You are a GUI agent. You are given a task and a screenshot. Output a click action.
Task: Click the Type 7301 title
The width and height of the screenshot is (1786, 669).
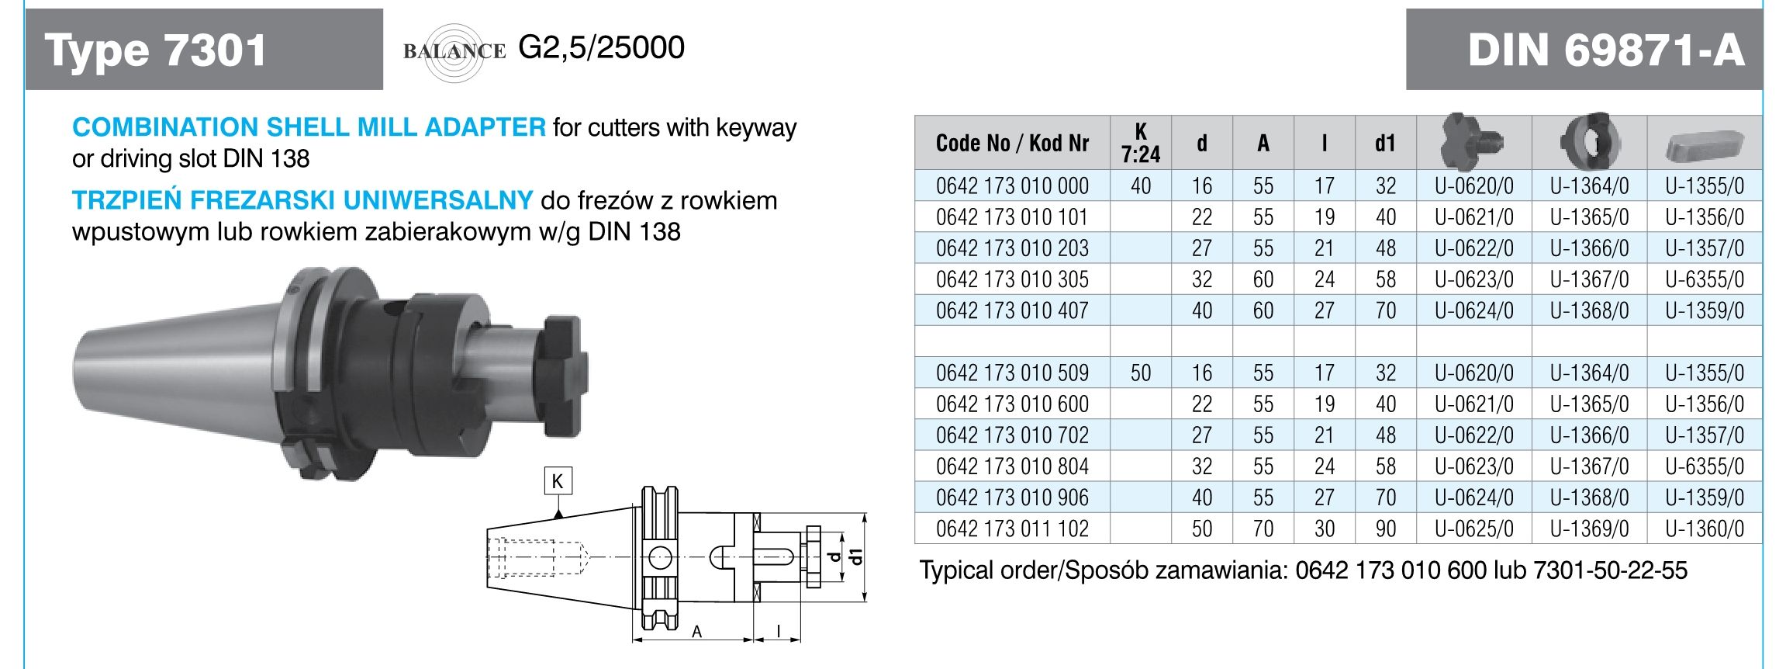pyautogui.click(x=155, y=50)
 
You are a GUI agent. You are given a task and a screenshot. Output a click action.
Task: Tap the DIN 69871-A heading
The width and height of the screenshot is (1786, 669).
pyautogui.click(x=1606, y=50)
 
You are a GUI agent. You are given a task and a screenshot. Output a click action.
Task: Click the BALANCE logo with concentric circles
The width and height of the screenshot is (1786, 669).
pyautogui.click(x=454, y=51)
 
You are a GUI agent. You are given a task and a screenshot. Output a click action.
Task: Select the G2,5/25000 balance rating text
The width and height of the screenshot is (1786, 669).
pyautogui.click(x=601, y=48)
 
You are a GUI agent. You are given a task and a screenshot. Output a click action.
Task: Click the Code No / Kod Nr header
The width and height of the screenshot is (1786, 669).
pyautogui.click(x=1012, y=144)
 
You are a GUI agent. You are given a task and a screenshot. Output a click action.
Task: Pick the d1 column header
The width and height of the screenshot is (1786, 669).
pyautogui.click(x=1385, y=144)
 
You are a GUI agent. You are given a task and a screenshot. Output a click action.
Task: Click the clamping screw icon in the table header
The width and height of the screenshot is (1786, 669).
pyautogui.click(x=1473, y=142)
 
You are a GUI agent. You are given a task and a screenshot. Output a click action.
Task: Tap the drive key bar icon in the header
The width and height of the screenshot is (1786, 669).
pyautogui.click(x=1704, y=144)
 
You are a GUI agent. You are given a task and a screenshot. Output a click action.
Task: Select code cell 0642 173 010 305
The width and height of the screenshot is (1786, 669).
pyautogui.click(x=1012, y=279)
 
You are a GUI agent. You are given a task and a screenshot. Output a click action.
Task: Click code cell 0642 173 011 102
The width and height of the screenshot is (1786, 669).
pyautogui.click(x=1012, y=529)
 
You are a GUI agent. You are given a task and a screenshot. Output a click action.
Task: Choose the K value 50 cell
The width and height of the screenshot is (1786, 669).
pyautogui.click(x=1140, y=373)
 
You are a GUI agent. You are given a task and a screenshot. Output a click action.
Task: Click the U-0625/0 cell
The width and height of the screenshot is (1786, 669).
pyautogui.click(x=1473, y=529)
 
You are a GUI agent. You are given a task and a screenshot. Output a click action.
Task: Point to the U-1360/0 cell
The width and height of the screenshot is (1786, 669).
pyautogui.click(x=1705, y=529)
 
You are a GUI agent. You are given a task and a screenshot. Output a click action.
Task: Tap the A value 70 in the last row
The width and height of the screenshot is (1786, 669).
pyautogui.click(x=1263, y=529)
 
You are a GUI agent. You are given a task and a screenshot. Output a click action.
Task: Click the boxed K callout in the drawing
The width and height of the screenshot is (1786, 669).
pyautogui.click(x=558, y=481)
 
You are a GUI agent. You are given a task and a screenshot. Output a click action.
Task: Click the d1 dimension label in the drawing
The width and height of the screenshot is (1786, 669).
pyautogui.click(x=856, y=556)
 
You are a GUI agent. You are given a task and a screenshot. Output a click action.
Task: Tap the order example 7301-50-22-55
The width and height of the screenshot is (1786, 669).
pyautogui.click(x=1609, y=571)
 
